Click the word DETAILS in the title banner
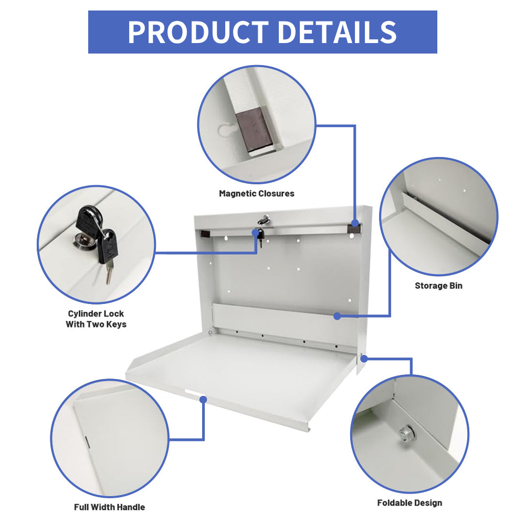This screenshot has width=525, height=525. point(337,32)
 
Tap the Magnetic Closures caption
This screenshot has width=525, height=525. point(257,194)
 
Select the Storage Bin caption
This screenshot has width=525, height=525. point(438,286)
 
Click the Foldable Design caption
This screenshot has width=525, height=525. point(409,503)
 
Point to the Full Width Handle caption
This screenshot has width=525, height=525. point(109,507)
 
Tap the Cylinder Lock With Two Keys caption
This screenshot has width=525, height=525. point(96,319)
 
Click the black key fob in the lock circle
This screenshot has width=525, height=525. point(107,246)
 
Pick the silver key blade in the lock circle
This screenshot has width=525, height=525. point(109,274)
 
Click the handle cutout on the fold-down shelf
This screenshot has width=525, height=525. point(192,395)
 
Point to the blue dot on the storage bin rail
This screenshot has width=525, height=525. point(337,316)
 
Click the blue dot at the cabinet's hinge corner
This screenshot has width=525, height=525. point(364,358)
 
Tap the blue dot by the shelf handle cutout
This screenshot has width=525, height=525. point(204,400)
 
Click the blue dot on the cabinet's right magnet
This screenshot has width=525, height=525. point(356,223)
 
